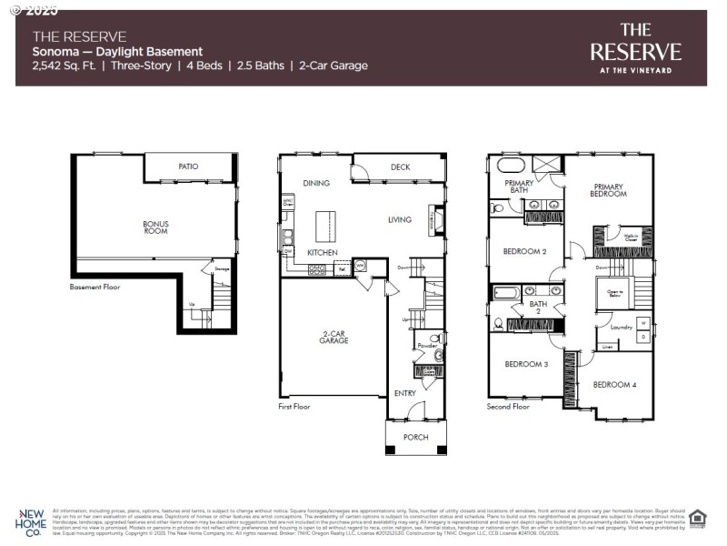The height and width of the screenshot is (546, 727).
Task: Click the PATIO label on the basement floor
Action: click(188, 167)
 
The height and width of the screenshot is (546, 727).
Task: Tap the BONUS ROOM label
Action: click(155, 227)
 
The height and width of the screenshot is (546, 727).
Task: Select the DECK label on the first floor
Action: click(401, 167)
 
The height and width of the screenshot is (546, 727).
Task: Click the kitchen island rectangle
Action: click(325, 223)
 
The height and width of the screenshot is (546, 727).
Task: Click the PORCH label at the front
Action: click(417, 437)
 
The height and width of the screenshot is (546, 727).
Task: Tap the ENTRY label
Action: click(405, 393)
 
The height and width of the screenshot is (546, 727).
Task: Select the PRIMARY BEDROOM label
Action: click(608, 189)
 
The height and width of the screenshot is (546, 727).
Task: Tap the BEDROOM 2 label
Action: click(524, 251)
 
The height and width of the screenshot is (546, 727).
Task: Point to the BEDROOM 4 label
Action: click(614, 385)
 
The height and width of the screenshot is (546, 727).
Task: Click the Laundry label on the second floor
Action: click(621, 327)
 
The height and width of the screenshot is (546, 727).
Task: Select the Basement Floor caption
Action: click(95, 287)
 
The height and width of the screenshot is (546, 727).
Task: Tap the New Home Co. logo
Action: click(33, 521)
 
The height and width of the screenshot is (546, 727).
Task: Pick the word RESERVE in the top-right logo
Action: click(635, 52)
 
